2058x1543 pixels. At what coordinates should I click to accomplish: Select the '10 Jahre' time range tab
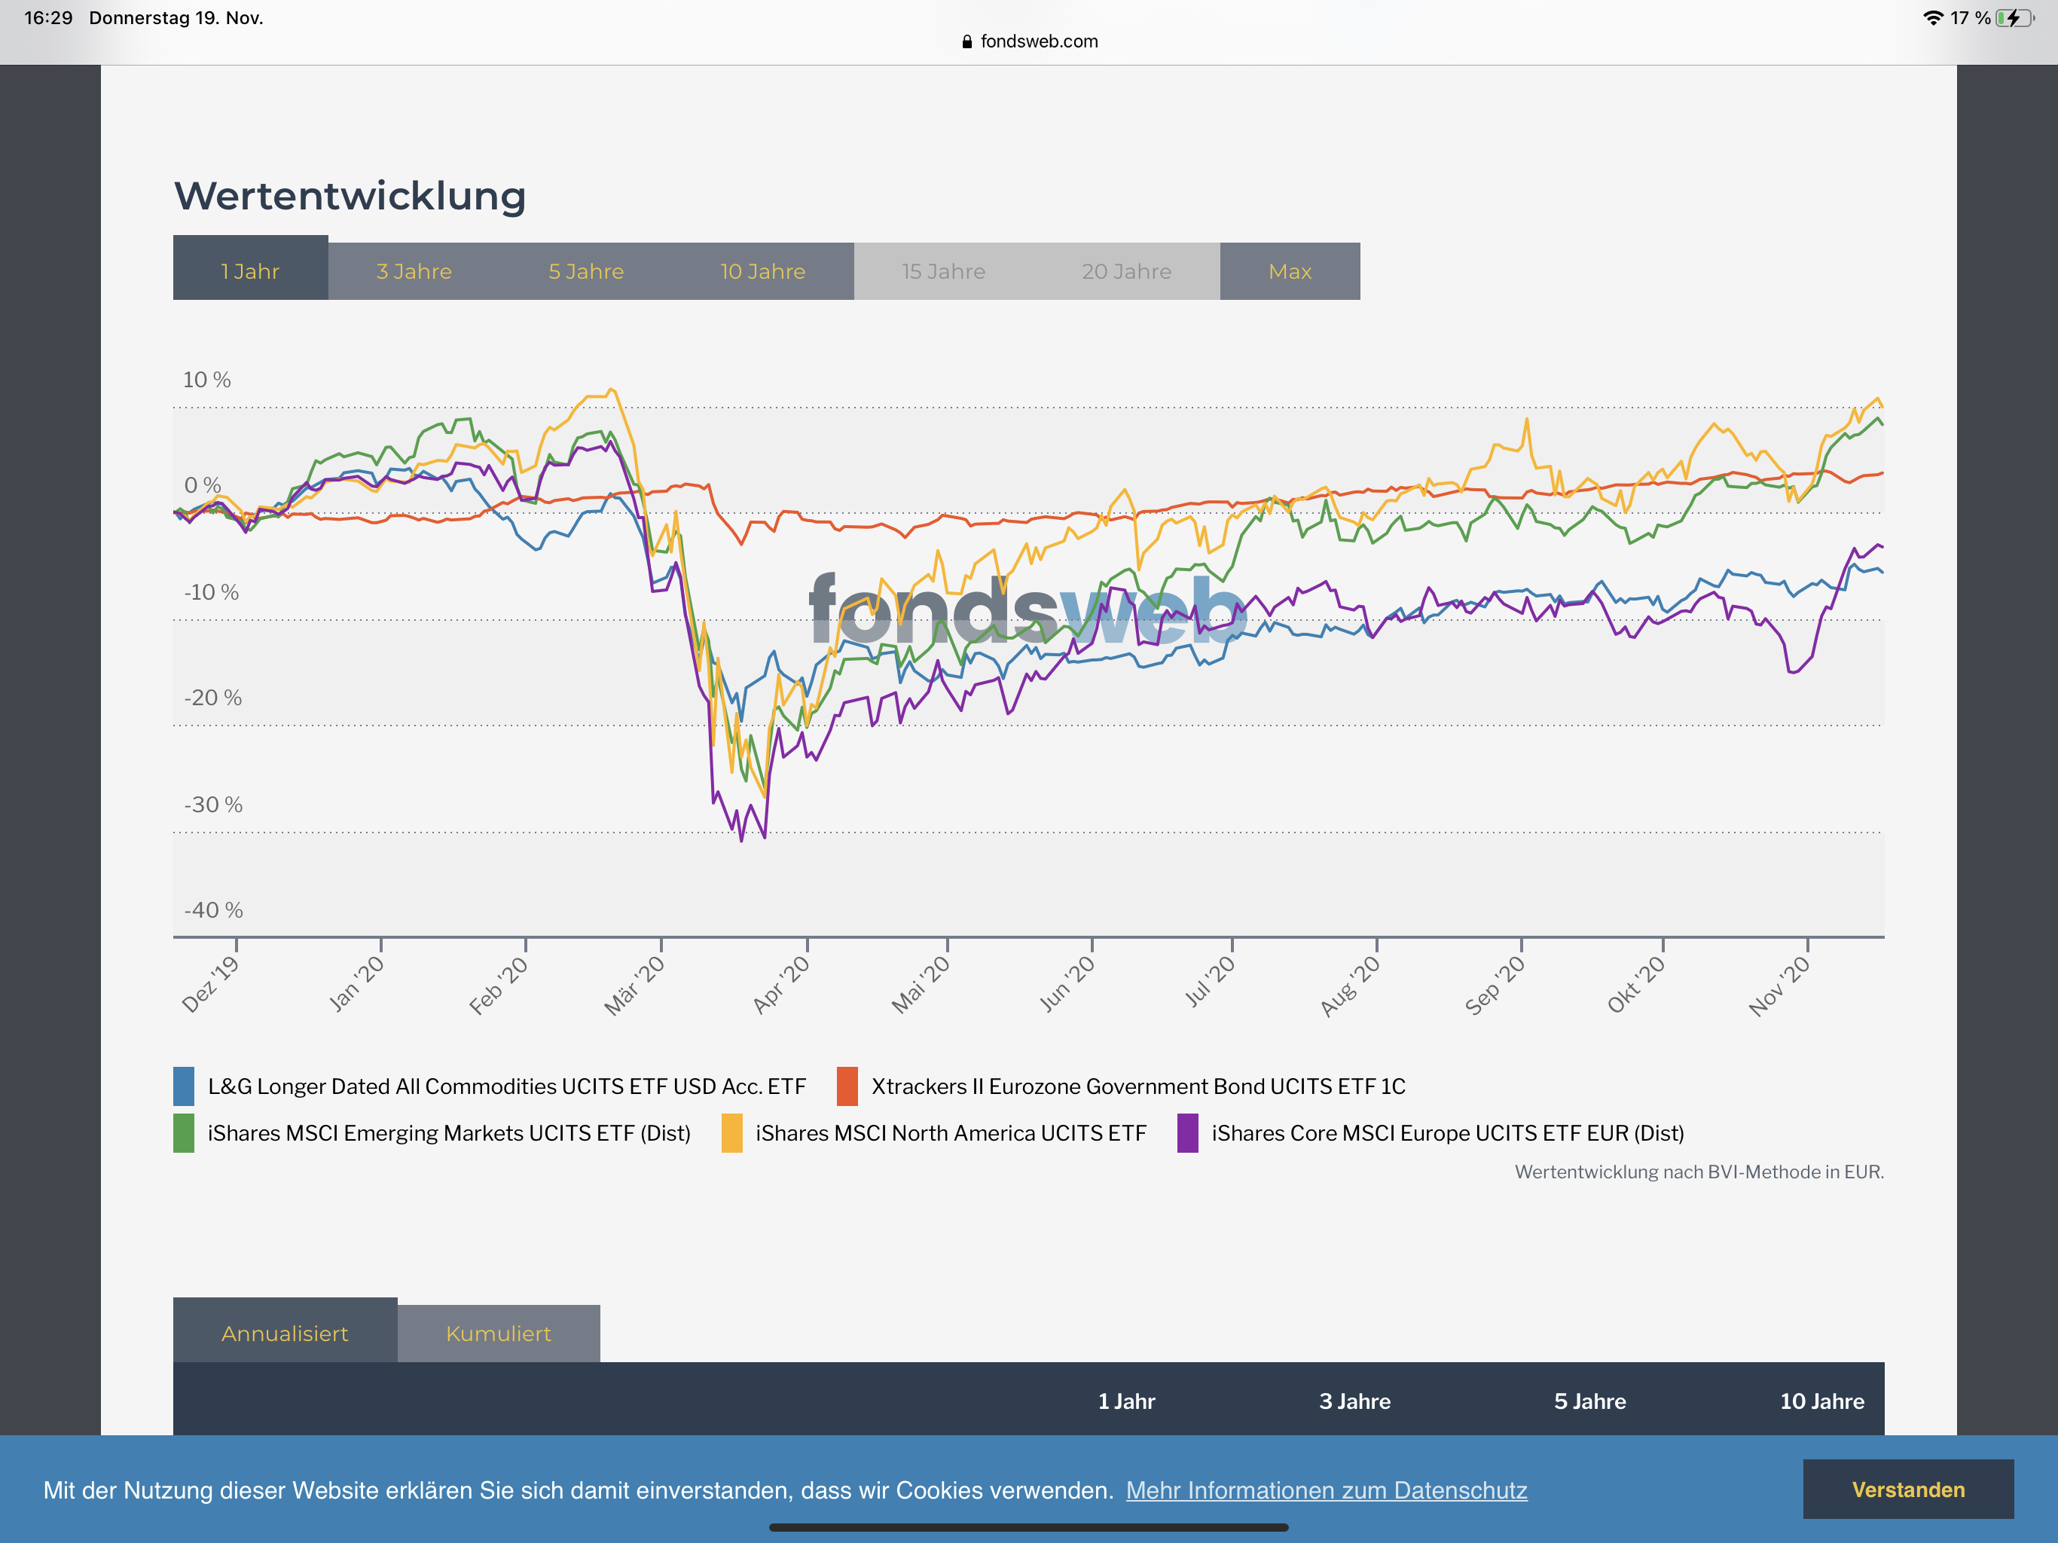[x=762, y=272]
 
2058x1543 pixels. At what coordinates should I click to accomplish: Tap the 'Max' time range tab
[x=1290, y=272]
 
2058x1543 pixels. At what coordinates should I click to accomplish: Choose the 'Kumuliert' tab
[x=498, y=1334]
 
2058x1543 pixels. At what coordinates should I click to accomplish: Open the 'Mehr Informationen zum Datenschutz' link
[x=1326, y=1490]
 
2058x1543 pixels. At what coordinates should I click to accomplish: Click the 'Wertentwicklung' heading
[x=350, y=197]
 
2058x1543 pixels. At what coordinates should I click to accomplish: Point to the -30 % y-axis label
[x=213, y=804]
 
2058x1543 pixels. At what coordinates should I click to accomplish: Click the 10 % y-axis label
[x=206, y=380]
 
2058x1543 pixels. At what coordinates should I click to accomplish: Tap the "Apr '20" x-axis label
[x=781, y=985]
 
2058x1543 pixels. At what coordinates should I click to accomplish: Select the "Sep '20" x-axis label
[x=1495, y=985]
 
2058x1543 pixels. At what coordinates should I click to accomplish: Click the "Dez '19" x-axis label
[x=210, y=985]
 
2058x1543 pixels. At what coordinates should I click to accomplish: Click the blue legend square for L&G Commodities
[x=185, y=1086]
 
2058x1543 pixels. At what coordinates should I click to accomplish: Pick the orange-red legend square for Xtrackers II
[x=847, y=1086]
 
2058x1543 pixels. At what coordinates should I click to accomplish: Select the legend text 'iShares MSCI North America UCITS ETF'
[x=950, y=1134]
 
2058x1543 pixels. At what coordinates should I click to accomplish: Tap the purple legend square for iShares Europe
[x=1187, y=1134]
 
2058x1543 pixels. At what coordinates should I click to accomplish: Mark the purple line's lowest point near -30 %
[x=741, y=840]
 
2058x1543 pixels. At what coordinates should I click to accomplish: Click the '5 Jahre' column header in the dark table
[x=1589, y=1401]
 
